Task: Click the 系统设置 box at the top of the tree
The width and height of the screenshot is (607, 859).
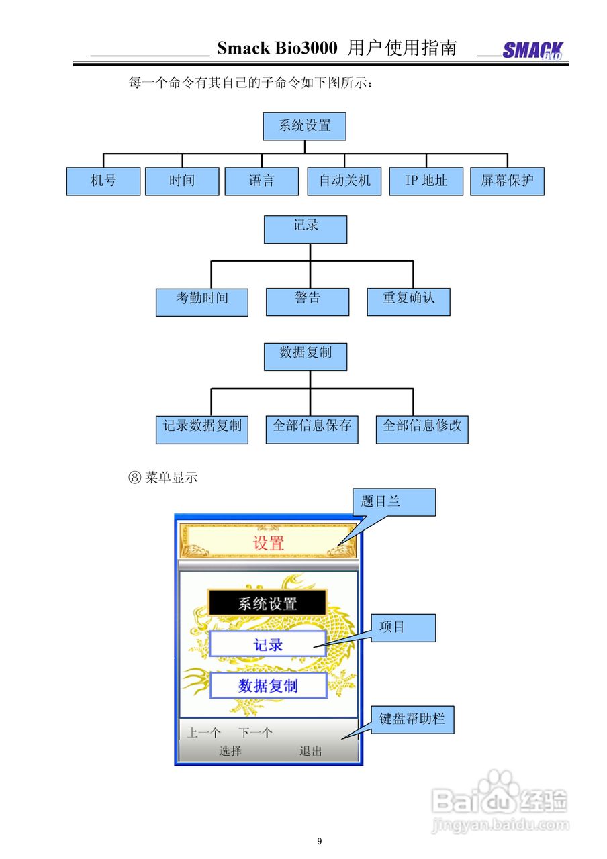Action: pyautogui.click(x=305, y=126)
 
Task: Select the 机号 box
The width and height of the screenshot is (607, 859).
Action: pyautogui.click(x=103, y=181)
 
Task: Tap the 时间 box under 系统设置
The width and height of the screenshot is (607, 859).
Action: pyautogui.click(x=182, y=181)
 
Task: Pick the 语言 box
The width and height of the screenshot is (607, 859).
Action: pyautogui.click(x=261, y=181)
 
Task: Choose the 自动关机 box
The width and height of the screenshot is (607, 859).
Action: pyautogui.click(x=344, y=181)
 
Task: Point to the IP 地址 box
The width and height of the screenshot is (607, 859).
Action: pyautogui.click(x=426, y=181)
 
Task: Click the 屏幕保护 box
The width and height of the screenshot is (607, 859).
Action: pyautogui.click(x=507, y=181)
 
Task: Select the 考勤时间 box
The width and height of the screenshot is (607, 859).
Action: pyautogui.click(x=202, y=302)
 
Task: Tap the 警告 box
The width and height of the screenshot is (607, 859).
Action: pyautogui.click(x=308, y=302)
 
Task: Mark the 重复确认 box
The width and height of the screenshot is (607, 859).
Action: pyautogui.click(x=408, y=302)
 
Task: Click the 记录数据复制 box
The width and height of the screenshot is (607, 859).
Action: pyautogui.click(x=202, y=429)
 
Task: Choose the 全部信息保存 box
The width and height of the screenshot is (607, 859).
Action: pyautogui.click(x=312, y=429)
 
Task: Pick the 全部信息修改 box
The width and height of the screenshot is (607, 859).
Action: pyautogui.click(x=422, y=429)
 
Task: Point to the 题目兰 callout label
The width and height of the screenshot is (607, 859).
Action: pyautogui.click(x=394, y=502)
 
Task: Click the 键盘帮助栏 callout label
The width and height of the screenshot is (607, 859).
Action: pyautogui.click(x=412, y=719)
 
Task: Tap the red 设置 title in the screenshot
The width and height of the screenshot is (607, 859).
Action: pyautogui.click(x=269, y=543)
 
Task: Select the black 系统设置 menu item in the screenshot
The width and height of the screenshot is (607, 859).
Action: pyautogui.click(x=267, y=603)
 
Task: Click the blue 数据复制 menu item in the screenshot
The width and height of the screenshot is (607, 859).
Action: pyautogui.click(x=268, y=685)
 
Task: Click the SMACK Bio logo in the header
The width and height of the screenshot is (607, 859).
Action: pyautogui.click(x=533, y=51)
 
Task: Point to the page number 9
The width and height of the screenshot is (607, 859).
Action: pyautogui.click(x=320, y=841)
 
